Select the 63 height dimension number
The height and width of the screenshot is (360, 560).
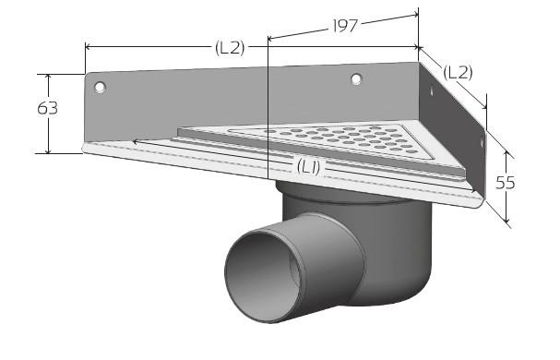tap(48, 108)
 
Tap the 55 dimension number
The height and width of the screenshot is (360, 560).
tap(505, 182)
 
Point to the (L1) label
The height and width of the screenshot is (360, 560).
tap(309, 166)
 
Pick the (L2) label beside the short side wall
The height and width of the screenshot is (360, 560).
tap(459, 71)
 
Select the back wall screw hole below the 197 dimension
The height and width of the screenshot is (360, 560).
tap(356, 79)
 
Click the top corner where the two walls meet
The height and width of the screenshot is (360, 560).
tap(420, 63)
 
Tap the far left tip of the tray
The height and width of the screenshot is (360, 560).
tap(83, 146)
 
